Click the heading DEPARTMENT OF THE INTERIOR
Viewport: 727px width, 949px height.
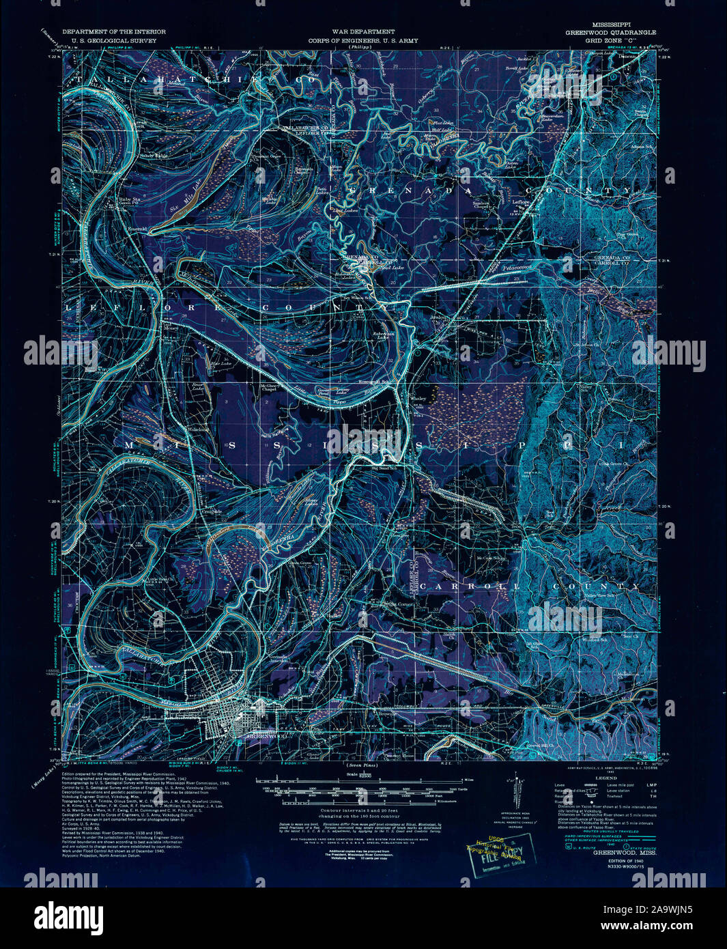(x=109, y=32)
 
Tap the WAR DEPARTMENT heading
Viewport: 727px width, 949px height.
(x=363, y=32)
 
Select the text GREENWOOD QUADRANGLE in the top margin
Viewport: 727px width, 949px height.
(x=610, y=33)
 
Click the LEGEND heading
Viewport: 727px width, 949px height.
(x=605, y=778)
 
